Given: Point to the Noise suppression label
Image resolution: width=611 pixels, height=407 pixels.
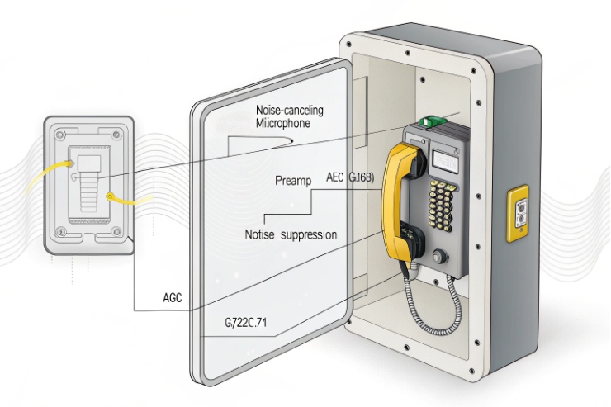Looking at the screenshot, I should [x=291, y=234].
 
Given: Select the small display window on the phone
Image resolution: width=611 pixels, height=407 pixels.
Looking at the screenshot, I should [x=447, y=157].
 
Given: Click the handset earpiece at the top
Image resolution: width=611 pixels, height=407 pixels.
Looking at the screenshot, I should [x=406, y=157].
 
